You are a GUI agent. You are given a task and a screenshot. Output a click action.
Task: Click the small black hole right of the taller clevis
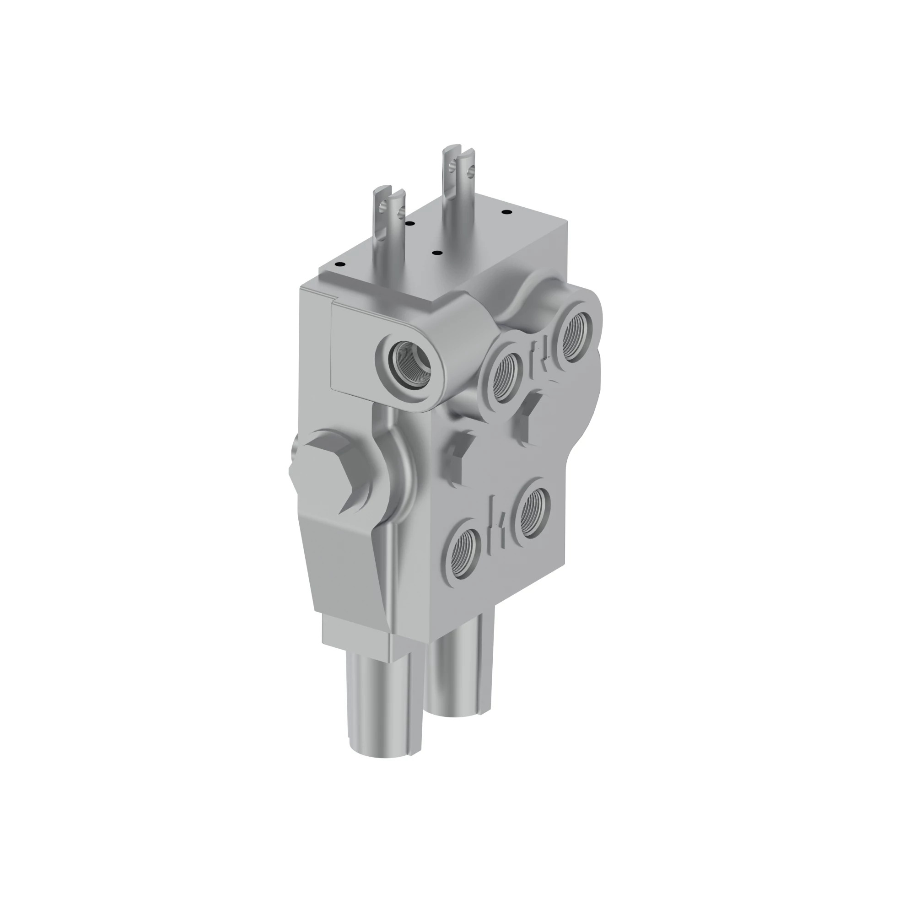pos(506,211)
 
